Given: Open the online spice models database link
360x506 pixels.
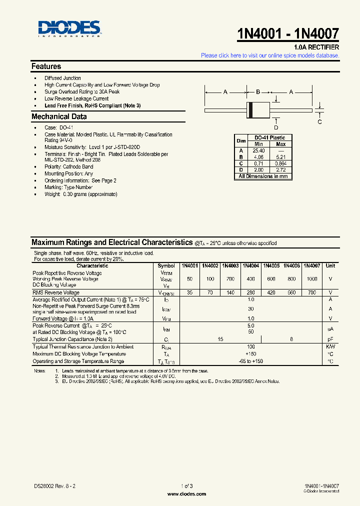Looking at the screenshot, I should click(x=270, y=55).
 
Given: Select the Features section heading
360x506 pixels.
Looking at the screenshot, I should click(x=46, y=66).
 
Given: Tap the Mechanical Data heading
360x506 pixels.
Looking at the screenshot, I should click(x=59, y=116).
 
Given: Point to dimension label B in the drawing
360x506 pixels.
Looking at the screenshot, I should click(x=258, y=92).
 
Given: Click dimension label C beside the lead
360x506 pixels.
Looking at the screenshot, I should click(x=320, y=121).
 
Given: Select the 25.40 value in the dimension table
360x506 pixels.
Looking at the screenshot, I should click(x=258, y=150).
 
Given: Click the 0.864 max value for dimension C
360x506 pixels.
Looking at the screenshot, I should click(x=281, y=163).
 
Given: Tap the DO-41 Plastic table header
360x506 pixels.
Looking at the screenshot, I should click(x=269, y=137).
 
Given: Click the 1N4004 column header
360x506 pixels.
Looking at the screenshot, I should click(x=251, y=266).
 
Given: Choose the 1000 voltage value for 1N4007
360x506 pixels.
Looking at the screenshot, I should click(x=312, y=279).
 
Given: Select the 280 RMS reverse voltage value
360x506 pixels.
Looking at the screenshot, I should click(x=251, y=292).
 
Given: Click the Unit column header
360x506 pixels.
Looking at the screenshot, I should click(x=330, y=266).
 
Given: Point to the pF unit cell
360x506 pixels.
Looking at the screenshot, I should click(x=330, y=339).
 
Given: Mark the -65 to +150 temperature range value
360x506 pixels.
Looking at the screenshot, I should click(x=251, y=361).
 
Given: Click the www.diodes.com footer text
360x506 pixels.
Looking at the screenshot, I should click(x=186, y=494).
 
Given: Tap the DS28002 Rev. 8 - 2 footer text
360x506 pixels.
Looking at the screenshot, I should click(x=55, y=486).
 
